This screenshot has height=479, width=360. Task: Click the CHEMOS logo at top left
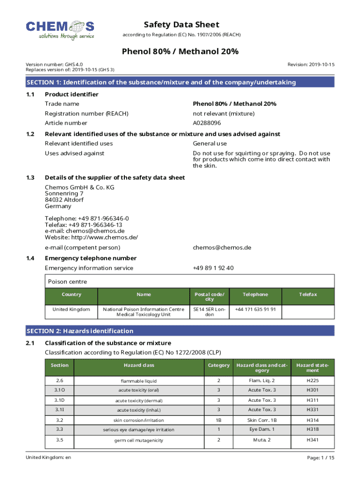coord(60,29)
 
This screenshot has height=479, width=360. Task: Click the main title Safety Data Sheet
coord(181,25)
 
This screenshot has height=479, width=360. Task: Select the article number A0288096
coord(207,123)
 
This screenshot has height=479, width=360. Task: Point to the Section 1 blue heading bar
coord(180,82)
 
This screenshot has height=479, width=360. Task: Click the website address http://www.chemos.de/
coord(91,237)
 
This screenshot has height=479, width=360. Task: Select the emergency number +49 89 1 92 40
coord(213,268)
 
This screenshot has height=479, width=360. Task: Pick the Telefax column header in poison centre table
coord(308,294)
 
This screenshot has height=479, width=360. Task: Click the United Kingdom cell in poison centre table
coord(71,309)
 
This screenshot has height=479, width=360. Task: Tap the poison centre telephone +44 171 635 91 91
coord(255,309)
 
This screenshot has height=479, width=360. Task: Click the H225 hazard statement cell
coord(312,381)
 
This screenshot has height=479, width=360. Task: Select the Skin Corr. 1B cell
coord(262,420)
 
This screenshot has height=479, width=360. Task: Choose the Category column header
coord(218,365)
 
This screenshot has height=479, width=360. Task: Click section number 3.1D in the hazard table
coord(59,400)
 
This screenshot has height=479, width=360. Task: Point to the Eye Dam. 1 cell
coord(262,429)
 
